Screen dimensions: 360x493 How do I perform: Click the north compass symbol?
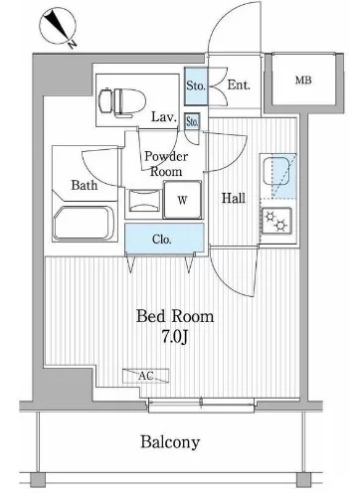click(58, 27)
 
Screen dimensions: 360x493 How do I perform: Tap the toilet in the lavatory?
click(122, 102)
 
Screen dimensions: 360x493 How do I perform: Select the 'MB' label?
click(303, 81)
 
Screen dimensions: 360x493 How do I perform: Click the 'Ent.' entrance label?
click(239, 85)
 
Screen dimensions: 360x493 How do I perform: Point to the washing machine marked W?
click(182, 200)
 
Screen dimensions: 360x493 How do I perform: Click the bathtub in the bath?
click(85, 223)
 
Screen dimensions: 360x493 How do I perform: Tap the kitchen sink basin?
click(276, 171)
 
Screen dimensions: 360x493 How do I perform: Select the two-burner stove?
click(276, 221)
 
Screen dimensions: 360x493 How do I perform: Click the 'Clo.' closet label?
click(162, 239)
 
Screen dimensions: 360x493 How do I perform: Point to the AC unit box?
click(145, 376)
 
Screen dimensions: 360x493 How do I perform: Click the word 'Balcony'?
click(170, 442)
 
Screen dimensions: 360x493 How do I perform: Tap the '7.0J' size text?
click(175, 337)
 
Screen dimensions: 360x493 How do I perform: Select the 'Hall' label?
click(234, 198)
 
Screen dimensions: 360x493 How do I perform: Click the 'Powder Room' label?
click(166, 164)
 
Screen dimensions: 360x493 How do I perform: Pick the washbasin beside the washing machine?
click(144, 201)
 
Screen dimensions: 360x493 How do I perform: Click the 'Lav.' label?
click(164, 116)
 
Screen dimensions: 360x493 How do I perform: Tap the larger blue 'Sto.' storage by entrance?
click(196, 85)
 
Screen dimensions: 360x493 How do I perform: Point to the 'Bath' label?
click(85, 185)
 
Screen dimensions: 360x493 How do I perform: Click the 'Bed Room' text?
click(175, 316)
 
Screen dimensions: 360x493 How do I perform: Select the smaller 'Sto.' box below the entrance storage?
click(192, 121)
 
